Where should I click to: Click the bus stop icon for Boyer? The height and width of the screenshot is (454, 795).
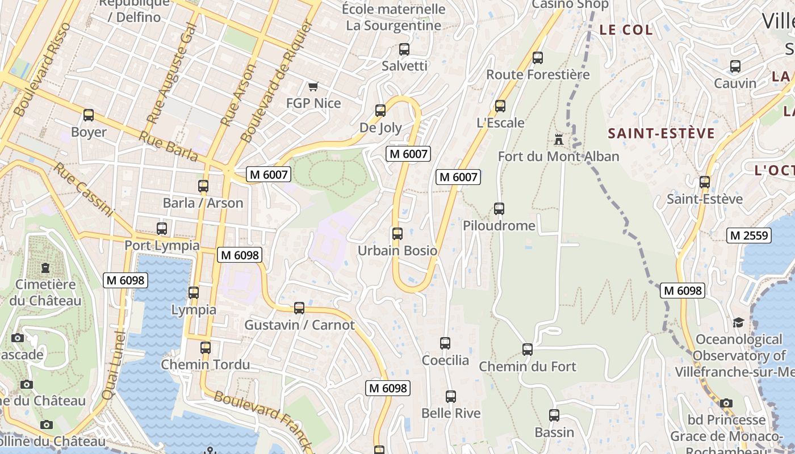coord(89,115)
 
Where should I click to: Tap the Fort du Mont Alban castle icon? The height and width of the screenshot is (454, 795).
coord(558,139)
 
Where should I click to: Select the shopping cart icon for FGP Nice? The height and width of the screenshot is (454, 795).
coord(313,86)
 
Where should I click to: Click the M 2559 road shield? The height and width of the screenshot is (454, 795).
coord(749,236)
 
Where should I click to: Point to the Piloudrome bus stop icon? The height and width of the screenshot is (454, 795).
coord(499,209)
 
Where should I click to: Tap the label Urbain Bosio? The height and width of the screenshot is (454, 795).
coord(397,251)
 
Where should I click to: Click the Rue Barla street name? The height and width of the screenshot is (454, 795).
coord(168,147)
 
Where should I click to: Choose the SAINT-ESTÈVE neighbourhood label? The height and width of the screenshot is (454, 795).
coord(661,133)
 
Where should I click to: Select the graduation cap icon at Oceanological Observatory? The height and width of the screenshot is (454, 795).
coord(738,322)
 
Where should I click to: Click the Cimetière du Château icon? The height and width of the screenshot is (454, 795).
coord(45,268)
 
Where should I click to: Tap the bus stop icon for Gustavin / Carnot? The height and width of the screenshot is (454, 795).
coord(299,308)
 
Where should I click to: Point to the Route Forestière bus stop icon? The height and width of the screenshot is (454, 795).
coord(538,57)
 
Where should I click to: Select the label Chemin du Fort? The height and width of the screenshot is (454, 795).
coord(528,367)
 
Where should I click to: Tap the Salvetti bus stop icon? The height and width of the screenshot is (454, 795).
coord(404,49)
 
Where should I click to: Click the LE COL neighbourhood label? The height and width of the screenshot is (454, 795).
coord(626,30)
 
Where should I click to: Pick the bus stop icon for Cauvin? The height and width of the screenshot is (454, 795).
coord(735,66)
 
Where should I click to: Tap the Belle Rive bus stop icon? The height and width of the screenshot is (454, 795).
coord(451,397)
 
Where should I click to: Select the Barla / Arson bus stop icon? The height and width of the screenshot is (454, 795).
coord(203,186)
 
